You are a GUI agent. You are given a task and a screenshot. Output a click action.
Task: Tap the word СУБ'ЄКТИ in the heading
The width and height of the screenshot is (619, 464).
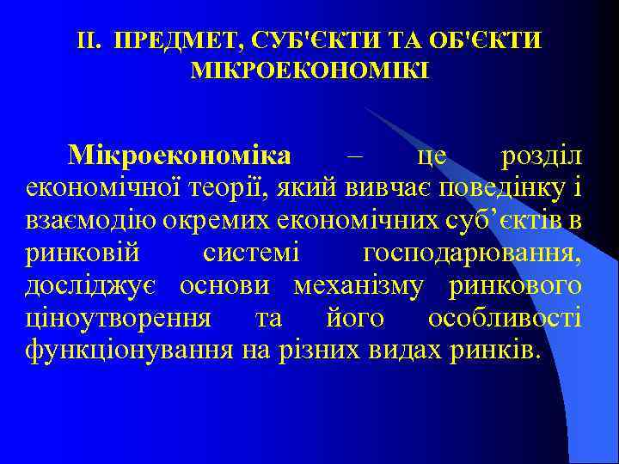pos(285,40)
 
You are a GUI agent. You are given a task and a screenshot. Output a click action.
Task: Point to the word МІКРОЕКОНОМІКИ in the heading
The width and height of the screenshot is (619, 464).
pos(309,68)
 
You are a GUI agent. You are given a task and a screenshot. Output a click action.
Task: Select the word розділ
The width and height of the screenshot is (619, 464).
pos(541,156)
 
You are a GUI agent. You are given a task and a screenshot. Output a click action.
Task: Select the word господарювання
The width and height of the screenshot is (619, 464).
pos(472,253)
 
